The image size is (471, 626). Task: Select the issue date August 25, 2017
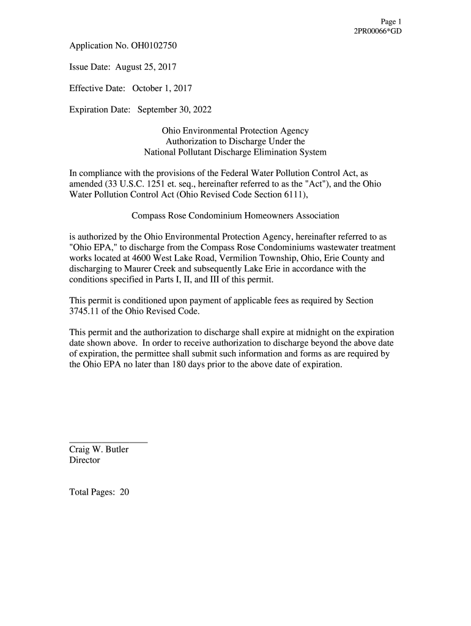click(x=146, y=67)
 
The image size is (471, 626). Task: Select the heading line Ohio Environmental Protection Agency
click(x=235, y=131)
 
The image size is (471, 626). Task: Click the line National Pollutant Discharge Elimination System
click(x=235, y=152)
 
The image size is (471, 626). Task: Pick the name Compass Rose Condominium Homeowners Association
click(x=235, y=215)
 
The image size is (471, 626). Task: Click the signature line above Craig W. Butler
click(x=108, y=441)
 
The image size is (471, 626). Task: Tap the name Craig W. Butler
click(x=98, y=449)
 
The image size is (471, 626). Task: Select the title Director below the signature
click(x=84, y=460)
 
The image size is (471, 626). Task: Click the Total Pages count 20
click(x=124, y=492)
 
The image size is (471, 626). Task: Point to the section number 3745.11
click(x=85, y=311)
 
